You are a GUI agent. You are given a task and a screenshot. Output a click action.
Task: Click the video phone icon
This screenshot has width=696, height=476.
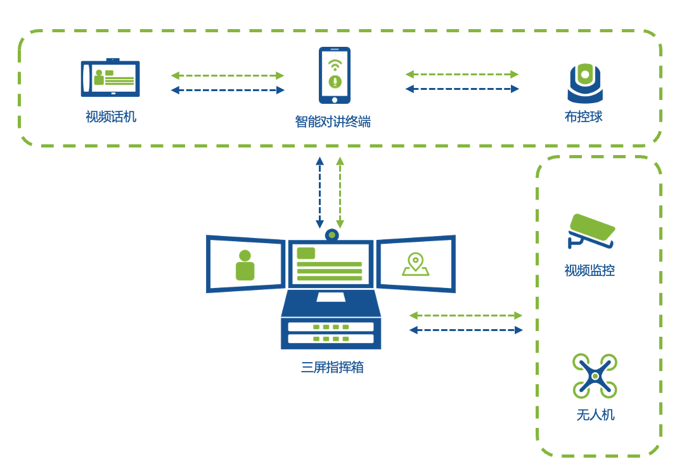pyautogui.click(x=110, y=78)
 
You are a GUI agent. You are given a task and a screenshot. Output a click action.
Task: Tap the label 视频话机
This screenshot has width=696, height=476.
pyautogui.click(x=111, y=117)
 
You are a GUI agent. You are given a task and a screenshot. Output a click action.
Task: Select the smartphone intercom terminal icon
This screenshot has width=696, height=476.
pyautogui.click(x=334, y=75)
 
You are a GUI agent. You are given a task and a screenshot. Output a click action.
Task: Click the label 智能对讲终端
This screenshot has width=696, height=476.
pyautogui.click(x=333, y=122)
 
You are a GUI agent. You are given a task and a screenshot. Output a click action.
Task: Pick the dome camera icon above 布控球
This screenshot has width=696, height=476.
pyautogui.click(x=584, y=83)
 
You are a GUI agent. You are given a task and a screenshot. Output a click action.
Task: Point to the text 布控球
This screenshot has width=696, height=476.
pyautogui.click(x=584, y=117)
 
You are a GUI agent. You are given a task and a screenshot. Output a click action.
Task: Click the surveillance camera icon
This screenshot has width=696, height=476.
pyautogui.click(x=591, y=231)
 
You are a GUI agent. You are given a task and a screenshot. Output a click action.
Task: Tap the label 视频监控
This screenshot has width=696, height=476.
pyautogui.click(x=590, y=271)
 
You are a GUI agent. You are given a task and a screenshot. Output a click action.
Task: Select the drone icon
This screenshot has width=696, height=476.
pyautogui.click(x=595, y=375)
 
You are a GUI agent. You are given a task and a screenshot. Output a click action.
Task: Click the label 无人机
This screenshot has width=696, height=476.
pyautogui.click(x=595, y=415)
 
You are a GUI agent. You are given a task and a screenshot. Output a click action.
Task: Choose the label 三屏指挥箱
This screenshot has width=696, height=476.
pyautogui.click(x=332, y=368)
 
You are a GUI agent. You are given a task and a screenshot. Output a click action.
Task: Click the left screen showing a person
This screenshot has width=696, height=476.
pyautogui.click(x=245, y=264)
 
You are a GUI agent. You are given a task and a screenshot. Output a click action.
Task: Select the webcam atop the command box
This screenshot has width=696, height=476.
pyautogui.click(x=332, y=235)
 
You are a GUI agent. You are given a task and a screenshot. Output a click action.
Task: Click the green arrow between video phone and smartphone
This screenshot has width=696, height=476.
pyautogui.click(x=228, y=75)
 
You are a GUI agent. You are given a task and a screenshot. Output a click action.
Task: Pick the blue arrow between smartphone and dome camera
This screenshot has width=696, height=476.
pyautogui.click(x=462, y=89)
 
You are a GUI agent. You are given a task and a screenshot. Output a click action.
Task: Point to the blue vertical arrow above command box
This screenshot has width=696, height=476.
pyautogui.click(x=320, y=192)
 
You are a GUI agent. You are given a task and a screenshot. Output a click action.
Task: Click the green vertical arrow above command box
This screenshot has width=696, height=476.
pyautogui.click(x=340, y=192)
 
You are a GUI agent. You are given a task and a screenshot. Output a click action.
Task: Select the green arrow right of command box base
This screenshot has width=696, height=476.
pyautogui.click(x=466, y=315)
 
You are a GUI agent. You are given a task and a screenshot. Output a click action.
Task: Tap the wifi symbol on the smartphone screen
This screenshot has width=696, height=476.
pyautogui.click(x=335, y=64)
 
